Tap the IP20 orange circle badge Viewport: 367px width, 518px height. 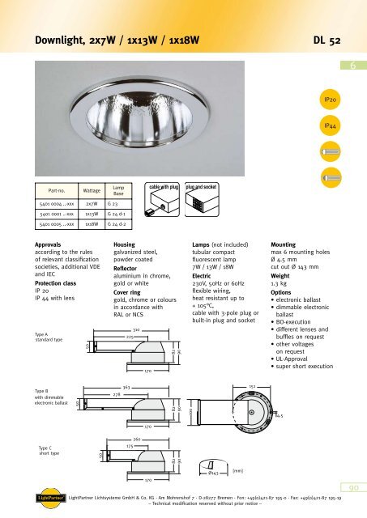pos(331,98)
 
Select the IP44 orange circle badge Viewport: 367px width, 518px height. pos(331,127)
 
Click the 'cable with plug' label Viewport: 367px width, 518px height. pos(162,187)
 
